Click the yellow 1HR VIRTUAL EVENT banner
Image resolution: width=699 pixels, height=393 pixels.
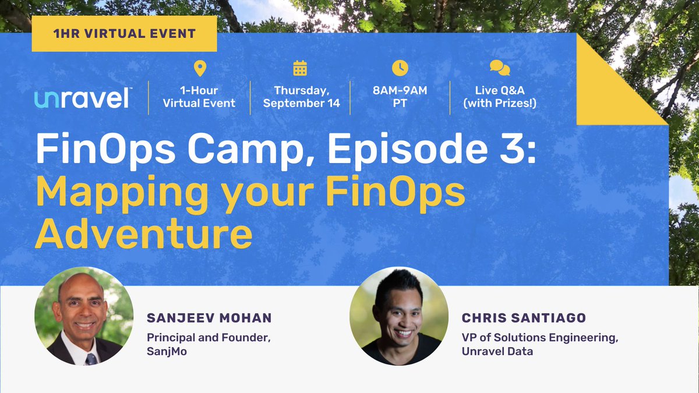coord(124,34)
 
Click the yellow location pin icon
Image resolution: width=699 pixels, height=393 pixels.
coord(199,69)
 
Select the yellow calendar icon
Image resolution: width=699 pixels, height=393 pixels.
coord(300,69)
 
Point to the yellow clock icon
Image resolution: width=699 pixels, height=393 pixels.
coord(400,68)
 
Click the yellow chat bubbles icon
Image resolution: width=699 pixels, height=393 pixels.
coord(499,69)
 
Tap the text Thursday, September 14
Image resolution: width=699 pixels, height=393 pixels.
coord(300,97)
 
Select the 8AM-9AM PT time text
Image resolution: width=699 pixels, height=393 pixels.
coord(400,97)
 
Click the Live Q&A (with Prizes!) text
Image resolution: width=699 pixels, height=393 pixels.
coord(499,97)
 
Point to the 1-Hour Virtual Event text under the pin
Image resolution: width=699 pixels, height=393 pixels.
coord(199,97)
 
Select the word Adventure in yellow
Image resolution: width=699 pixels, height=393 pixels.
coord(144,234)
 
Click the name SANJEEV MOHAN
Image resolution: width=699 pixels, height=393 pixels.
coord(209,318)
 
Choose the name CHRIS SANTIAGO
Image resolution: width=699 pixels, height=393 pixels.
coord(524,318)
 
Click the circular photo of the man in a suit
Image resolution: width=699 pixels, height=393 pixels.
coord(84,316)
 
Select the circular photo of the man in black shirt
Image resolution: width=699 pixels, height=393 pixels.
coord(399,316)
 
